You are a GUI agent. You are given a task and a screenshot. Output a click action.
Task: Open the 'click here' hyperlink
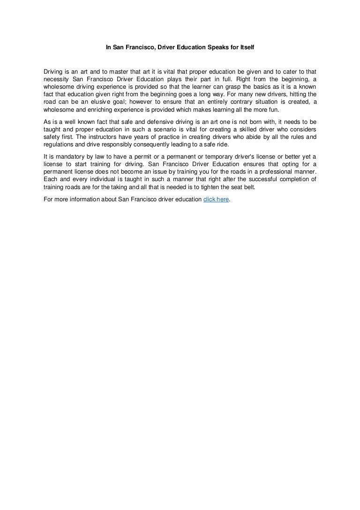(x=216, y=199)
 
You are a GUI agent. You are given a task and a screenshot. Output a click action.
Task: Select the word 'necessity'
(x=56, y=79)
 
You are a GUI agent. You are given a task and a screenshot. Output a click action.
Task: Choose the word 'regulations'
(x=59, y=145)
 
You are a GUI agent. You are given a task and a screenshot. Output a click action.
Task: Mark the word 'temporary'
(x=225, y=157)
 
